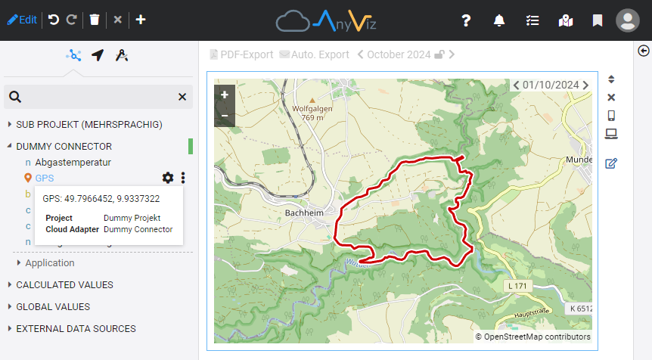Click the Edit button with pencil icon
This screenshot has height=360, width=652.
click(22, 20)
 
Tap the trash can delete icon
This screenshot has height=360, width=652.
click(94, 20)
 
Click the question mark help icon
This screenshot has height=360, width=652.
click(466, 20)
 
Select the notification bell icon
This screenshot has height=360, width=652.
click(499, 20)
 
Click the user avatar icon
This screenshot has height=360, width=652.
click(628, 20)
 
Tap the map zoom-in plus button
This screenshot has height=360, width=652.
click(225, 95)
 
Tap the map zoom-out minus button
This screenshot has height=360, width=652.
click(225, 116)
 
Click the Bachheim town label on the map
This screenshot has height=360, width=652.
click(304, 213)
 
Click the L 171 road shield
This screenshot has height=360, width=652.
click(518, 286)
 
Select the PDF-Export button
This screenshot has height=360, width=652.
click(241, 54)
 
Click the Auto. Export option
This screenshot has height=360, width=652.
click(314, 54)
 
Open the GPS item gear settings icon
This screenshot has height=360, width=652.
click(168, 178)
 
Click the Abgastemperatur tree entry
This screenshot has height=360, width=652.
click(73, 162)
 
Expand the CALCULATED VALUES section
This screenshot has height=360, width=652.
click(64, 285)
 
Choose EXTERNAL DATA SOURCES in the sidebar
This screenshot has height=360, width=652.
click(76, 329)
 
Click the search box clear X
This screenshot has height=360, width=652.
click(182, 97)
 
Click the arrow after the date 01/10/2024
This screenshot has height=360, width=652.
click(586, 85)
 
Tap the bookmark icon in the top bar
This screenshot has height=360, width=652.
click(598, 20)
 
